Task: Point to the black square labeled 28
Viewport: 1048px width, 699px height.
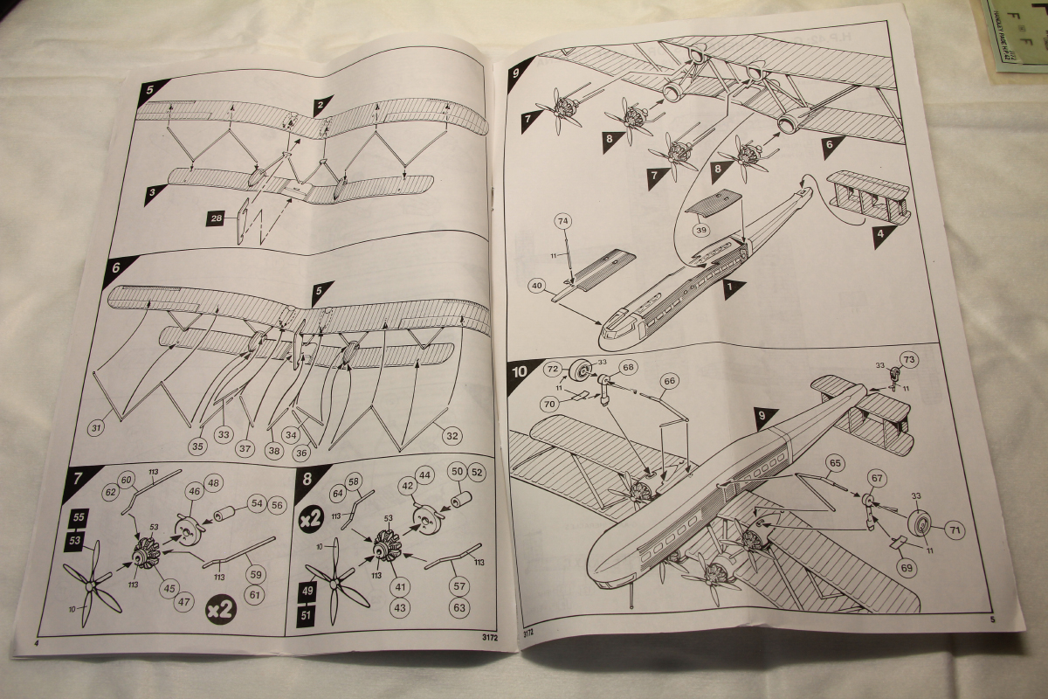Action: pos(216,218)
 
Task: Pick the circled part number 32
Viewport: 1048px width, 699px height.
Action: pos(452,434)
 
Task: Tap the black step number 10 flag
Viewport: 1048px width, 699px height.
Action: pos(521,370)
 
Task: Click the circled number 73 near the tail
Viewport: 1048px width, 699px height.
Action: pos(908,359)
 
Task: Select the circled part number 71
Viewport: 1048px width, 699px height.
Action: pos(953,529)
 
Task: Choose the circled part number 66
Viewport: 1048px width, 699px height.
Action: pos(670,381)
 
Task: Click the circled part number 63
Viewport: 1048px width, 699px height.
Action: pos(458,606)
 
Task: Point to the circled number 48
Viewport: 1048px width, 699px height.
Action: pos(212,484)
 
